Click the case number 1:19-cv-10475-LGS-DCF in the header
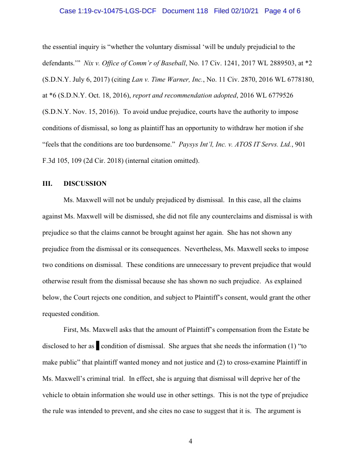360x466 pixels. tap(109, 11)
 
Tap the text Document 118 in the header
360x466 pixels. tap(185, 11)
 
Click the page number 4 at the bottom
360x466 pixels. tap(190, 441)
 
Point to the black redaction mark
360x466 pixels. tap(97, 346)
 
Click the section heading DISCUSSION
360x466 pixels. tap(85, 184)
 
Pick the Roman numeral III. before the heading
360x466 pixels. tap(47, 184)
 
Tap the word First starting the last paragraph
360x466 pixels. tap(71, 330)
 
